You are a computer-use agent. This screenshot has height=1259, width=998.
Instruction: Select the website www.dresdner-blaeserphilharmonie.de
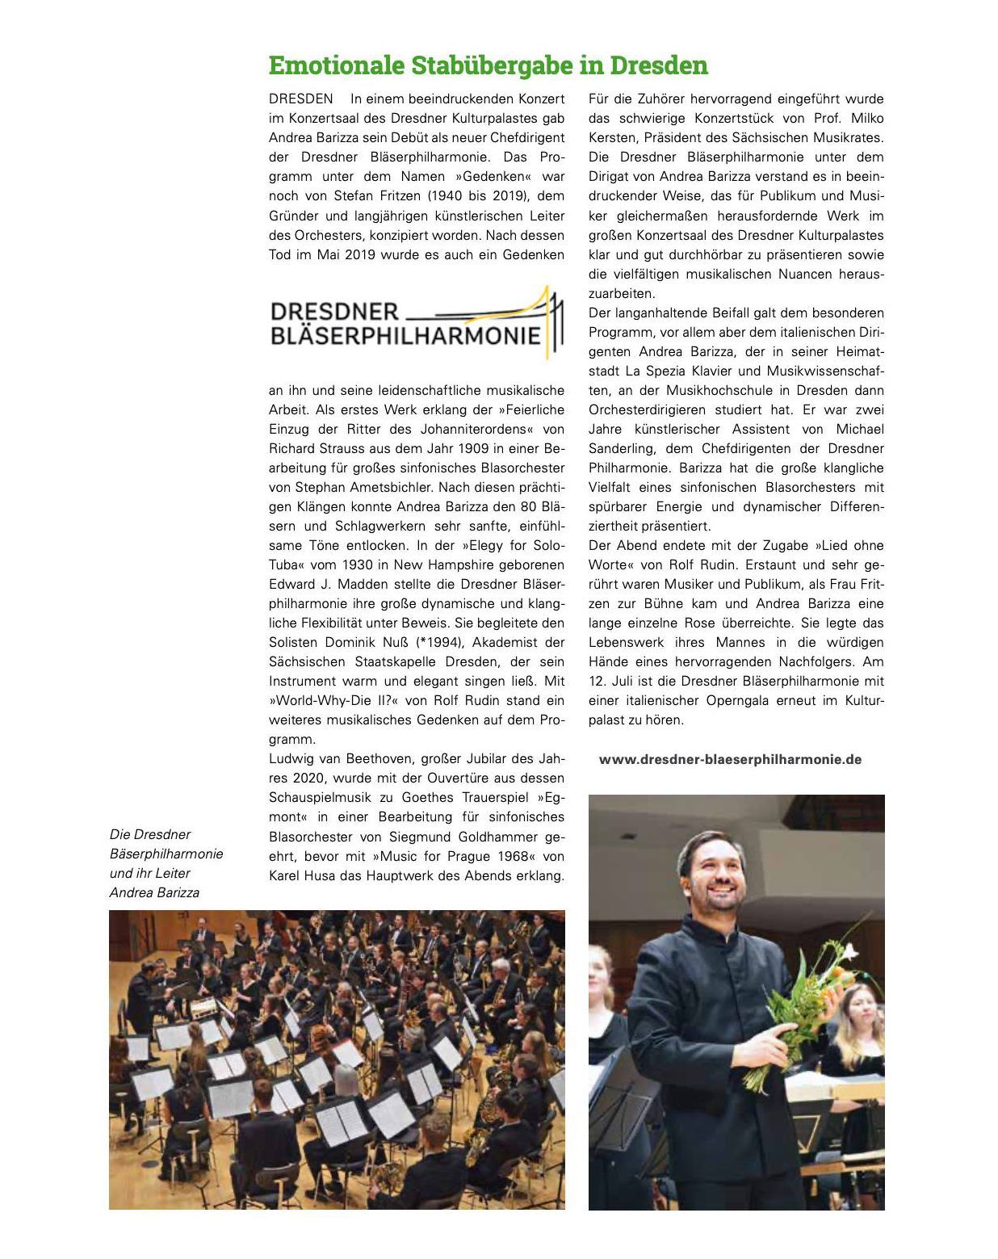point(730,759)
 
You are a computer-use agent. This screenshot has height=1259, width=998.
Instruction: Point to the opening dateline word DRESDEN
point(300,99)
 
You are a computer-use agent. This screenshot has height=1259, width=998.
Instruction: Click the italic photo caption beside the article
point(166,863)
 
